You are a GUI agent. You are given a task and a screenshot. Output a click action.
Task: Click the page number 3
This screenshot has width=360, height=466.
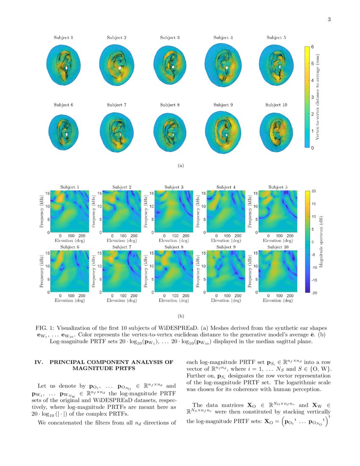click(x=329, y=19)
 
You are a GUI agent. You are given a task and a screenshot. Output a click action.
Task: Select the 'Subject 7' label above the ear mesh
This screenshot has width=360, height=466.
click(x=117, y=105)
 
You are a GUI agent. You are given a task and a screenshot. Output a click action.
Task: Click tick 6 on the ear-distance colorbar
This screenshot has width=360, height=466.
click(x=313, y=47)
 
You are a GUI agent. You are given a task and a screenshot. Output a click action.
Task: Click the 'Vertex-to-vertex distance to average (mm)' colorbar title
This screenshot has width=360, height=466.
click(x=318, y=97)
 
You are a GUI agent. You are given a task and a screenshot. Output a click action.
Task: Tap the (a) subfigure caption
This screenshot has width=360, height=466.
click(x=180, y=166)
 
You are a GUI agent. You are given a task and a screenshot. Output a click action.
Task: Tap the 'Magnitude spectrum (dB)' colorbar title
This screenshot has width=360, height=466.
click(x=322, y=242)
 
